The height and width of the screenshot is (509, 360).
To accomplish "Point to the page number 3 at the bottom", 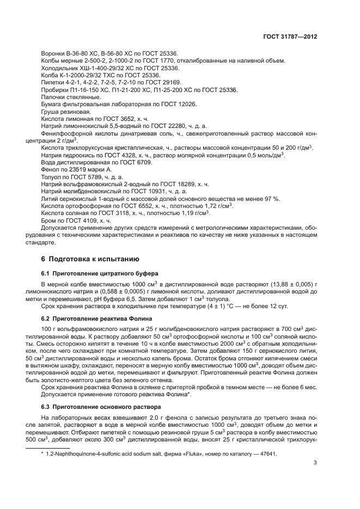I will (315, 463).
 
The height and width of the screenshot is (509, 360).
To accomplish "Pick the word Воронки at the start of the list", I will (53, 53).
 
